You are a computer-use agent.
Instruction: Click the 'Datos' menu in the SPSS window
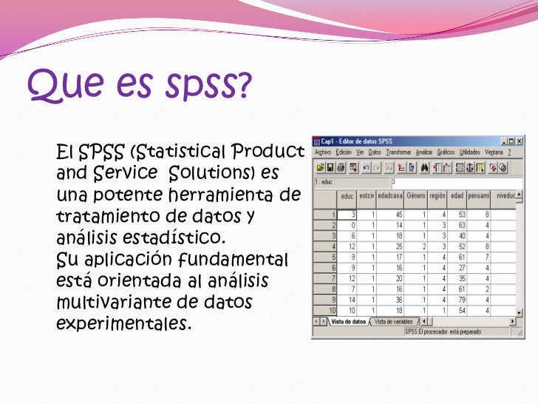[375, 152]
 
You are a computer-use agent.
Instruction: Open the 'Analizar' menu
[424, 152]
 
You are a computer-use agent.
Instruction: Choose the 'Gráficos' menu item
[446, 152]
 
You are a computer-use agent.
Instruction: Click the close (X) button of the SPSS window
[519, 141]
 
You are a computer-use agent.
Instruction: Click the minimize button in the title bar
[503, 141]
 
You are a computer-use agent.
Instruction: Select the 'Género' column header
[416, 195]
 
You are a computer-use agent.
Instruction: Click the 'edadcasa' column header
[389, 195]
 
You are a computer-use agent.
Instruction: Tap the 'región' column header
[437, 195]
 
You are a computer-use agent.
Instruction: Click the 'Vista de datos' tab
[349, 321]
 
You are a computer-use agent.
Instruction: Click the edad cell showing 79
[460, 300]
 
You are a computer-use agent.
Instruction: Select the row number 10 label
[332, 311]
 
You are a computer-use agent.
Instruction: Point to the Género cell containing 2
[423, 246]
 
